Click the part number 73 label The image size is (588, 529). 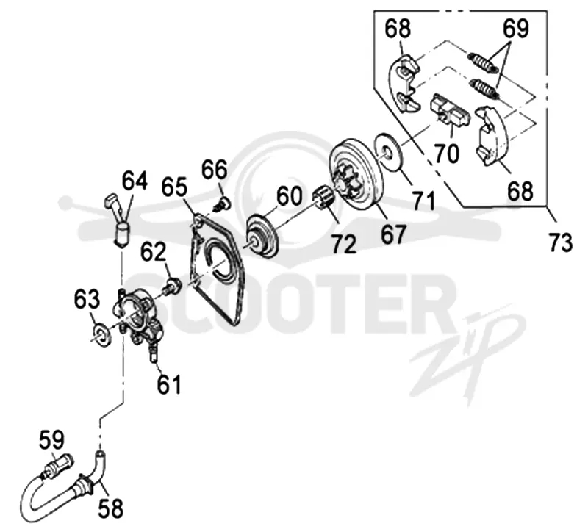[560, 242]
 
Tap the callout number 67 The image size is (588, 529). [393, 234]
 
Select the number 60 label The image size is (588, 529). [289, 196]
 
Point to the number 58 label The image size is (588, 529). [111, 508]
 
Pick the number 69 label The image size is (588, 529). [516, 28]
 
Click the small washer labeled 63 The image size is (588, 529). [101, 334]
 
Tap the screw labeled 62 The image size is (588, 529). [171, 285]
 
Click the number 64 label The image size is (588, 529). [135, 181]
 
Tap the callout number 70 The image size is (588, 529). [447, 154]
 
